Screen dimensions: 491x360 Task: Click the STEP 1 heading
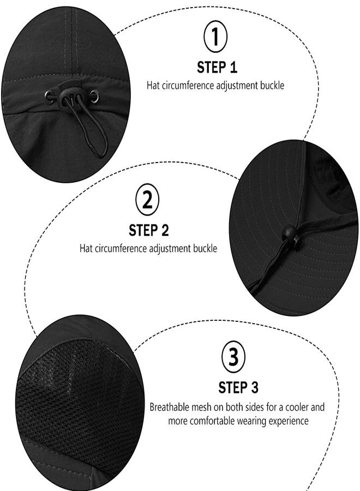coord(217,68)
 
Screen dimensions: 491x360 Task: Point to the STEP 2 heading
coord(148,230)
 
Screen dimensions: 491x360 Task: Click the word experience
coord(287,421)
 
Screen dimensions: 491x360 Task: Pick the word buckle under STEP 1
coord(272,85)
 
